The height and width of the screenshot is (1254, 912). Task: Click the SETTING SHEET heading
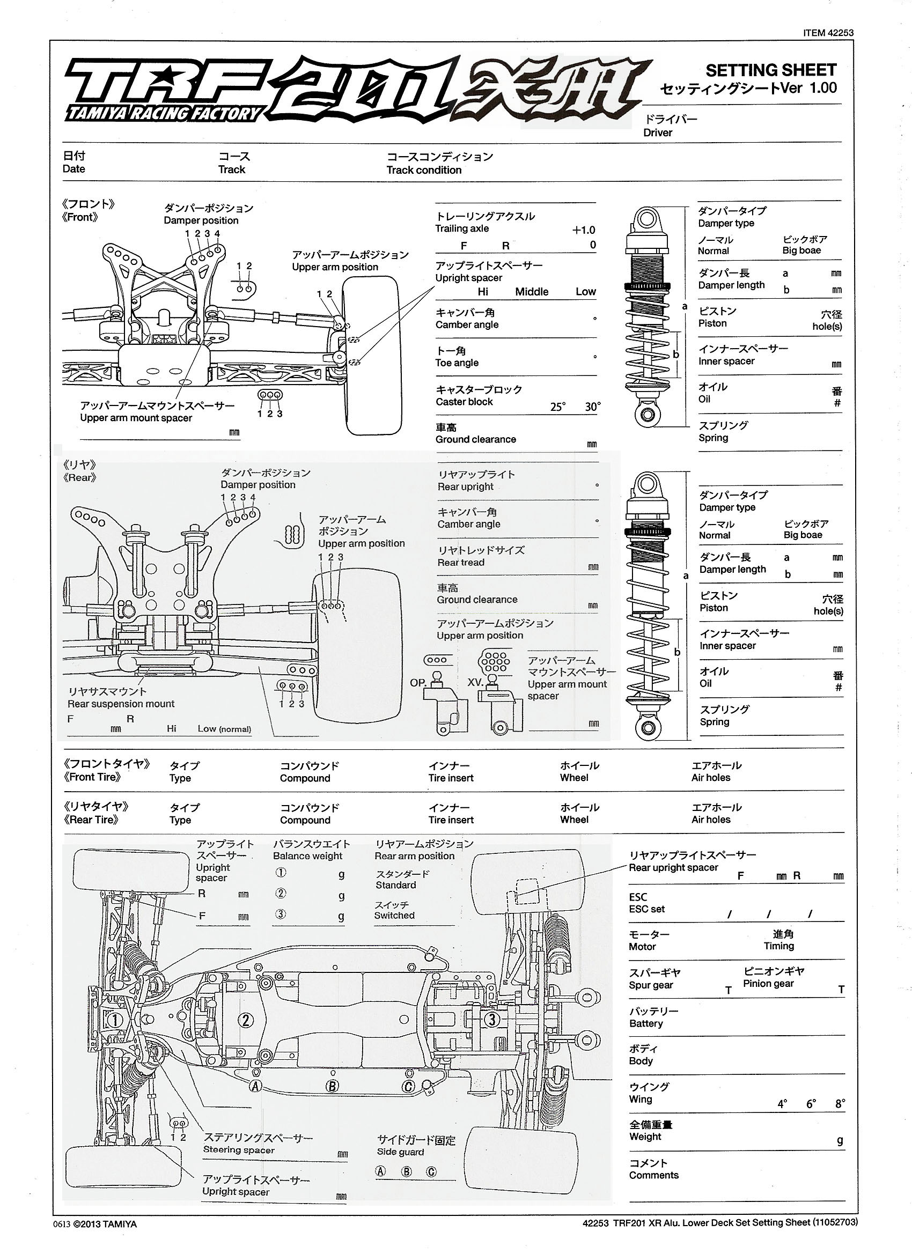coord(770,70)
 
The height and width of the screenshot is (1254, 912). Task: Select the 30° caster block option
coord(592,407)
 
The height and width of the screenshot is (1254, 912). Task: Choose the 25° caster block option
coord(557,407)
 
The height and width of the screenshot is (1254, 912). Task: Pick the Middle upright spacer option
coord(532,292)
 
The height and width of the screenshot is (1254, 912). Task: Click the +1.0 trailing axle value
coord(584,230)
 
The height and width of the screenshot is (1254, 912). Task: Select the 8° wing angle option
coord(840,1104)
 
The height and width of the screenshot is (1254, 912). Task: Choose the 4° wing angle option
coord(782,1104)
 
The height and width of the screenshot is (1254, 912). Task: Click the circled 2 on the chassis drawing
coord(246,1020)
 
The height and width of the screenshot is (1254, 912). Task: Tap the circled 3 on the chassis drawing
coord(491,1019)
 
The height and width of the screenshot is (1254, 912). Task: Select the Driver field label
coord(658,132)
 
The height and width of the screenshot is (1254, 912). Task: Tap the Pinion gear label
coord(768,984)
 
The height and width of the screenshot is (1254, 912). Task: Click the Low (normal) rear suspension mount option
coord(224,729)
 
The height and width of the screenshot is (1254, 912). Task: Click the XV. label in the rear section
coord(475,682)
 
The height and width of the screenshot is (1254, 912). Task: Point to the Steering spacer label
coord(238,1149)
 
